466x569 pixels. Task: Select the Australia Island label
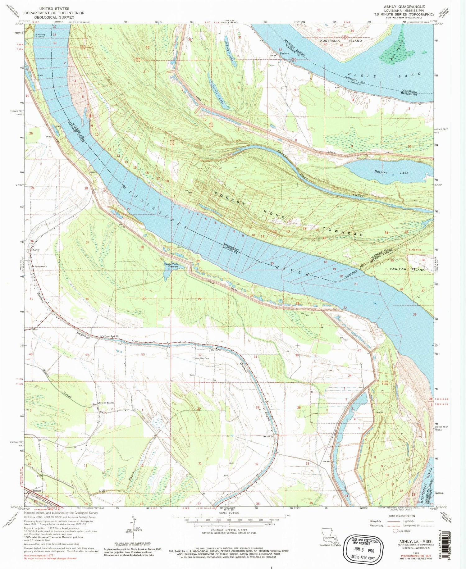(x=341, y=41)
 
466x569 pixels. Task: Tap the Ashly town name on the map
(x=36, y=250)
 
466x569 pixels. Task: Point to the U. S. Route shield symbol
(x=395, y=531)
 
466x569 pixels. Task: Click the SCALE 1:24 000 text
(x=229, y=512)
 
